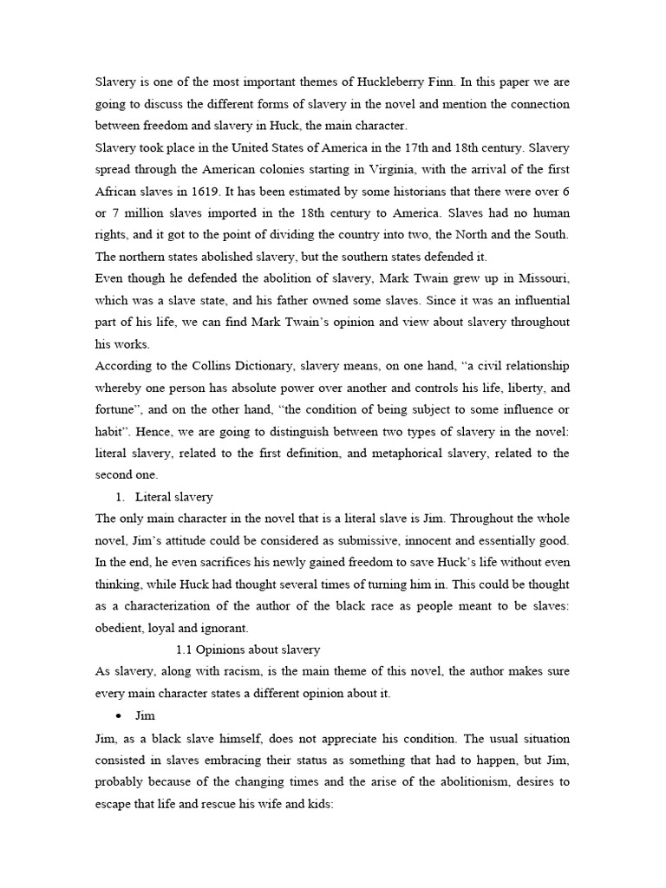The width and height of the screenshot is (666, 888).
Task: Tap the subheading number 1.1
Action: pyautogui.click(x=184, y=649)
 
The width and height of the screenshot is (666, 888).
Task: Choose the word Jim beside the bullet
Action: pyautogui.click(x=144, y=717)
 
